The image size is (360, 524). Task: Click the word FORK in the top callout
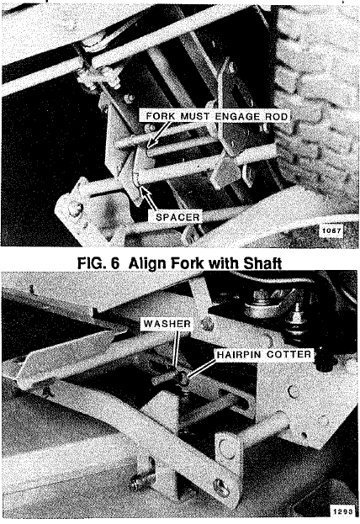point(160,116)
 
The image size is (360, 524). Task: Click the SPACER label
point(177,217)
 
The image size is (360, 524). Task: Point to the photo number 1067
point(331,230)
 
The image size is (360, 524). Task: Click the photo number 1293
point(342,511)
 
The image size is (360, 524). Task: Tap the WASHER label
point(167,324)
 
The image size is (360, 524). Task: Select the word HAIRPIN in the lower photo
point(239,354)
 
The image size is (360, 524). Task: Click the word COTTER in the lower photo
point(289,354)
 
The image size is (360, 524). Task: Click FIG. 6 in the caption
point(98,263)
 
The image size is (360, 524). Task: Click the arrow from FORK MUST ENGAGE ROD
point(158,135)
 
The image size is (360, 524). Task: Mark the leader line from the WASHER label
point(176,348)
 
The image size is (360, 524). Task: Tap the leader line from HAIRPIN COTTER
point(203,368)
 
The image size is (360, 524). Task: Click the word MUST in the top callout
point(195,116)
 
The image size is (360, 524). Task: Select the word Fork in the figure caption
point(188,263)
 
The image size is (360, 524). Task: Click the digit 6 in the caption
point(114,263)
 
